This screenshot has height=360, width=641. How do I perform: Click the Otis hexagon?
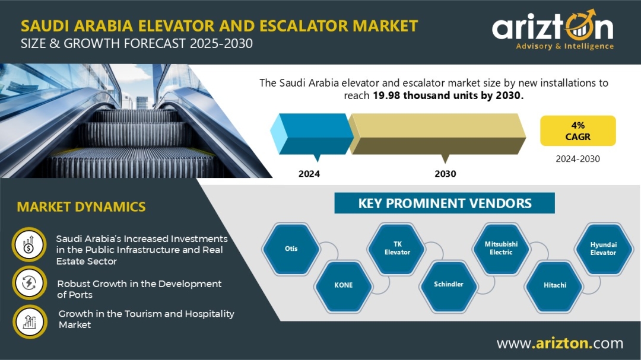291,249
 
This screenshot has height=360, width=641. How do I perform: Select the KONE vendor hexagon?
344,285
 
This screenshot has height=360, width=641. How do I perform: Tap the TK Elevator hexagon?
397,249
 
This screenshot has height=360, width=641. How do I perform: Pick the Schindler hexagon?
449,285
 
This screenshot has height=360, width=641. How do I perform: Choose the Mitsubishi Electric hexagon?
501,248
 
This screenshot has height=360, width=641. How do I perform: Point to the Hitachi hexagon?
555,285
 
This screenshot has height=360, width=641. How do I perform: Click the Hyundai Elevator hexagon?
604,249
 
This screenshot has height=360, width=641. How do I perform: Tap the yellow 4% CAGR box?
577,130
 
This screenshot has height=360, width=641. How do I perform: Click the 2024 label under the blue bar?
309,174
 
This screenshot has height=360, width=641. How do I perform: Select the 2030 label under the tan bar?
445,174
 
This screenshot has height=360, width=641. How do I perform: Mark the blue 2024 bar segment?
312,134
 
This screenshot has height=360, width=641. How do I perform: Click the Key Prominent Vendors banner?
445,203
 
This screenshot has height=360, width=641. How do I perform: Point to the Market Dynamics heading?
81,207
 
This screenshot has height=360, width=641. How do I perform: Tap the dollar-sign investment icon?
28,245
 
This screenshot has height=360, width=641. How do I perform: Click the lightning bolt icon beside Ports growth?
30,283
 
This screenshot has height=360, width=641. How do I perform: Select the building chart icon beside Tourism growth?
30,321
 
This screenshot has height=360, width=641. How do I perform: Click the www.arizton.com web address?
560,343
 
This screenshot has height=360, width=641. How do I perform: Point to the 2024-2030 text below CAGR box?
577,159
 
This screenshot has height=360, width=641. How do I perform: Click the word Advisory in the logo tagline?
534,46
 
